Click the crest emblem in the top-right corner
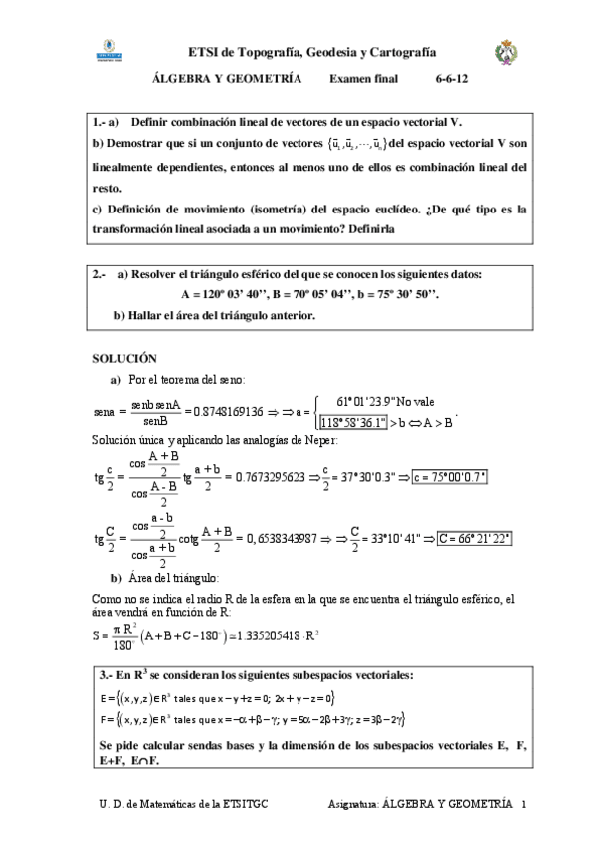pyautogui.click(x=507, y=53)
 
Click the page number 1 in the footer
pyautogui.click(x=523, y=803)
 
